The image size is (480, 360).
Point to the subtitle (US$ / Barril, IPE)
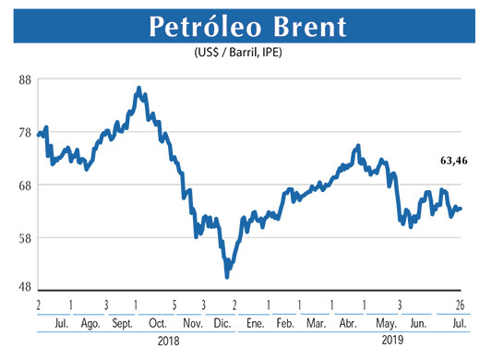point(239,52)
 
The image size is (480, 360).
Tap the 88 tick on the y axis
point(26,80)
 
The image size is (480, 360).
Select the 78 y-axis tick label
point(26,133)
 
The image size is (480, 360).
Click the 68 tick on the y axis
point(26,186)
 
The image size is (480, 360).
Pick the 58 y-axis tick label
point(26,238)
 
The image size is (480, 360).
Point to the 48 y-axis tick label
point(26,286)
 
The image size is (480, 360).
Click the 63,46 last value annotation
point(452,161)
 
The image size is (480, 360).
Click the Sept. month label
point(122,323)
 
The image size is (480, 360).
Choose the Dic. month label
point(221,323)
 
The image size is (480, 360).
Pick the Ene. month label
point(253,323)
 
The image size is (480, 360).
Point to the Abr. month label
point(348,323)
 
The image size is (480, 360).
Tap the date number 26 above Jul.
point(458,306)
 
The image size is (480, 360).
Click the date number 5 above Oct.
point(173,306)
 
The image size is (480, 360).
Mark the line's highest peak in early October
point(138,89)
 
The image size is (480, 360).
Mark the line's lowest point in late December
point(227,277)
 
